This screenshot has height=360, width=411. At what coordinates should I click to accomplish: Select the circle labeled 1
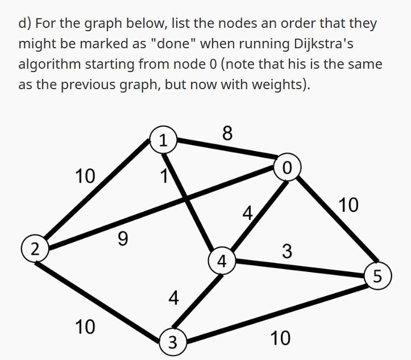[x=163, y=140]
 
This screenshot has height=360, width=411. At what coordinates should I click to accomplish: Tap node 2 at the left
[x=35, y=248]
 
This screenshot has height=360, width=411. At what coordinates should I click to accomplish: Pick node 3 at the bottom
[x=172, y=342]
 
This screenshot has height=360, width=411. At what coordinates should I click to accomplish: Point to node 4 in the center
[x=222, y=261]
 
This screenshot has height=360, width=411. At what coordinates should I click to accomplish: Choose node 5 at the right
[x=378, y=277]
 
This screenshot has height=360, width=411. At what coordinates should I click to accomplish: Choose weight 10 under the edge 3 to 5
[x=280, y=338]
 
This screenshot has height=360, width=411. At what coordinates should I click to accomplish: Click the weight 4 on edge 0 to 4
[x=247, y=214]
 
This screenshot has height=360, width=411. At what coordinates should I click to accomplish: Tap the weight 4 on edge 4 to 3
[x=174, y=296]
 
